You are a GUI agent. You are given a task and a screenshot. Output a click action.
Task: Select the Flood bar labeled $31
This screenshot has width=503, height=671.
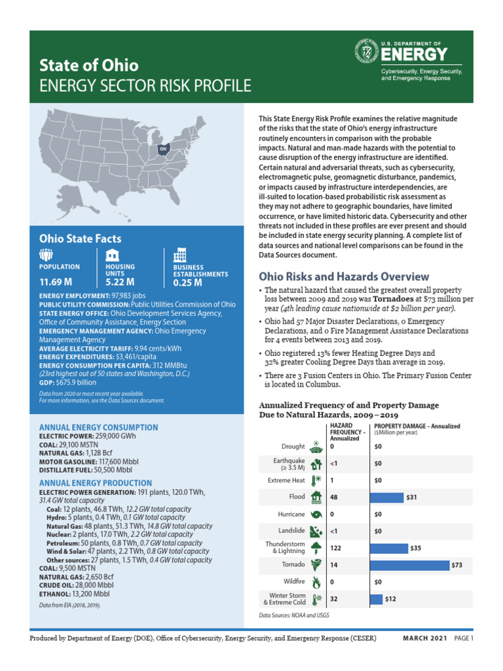tap(386, 497)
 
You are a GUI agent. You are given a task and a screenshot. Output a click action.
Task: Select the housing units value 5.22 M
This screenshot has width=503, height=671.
tap(120, 282)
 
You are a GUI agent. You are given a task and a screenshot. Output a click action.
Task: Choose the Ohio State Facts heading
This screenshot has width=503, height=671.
tap(80, 239)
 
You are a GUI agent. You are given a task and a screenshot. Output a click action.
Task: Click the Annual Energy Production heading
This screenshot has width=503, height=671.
tap(98, 482)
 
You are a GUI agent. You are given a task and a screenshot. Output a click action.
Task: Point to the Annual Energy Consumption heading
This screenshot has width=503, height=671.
tap(99, 427)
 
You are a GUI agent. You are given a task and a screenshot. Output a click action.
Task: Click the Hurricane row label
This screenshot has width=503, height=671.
tap(291, 514)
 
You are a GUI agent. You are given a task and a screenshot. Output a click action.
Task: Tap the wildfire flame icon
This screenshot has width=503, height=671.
tap(316, 581)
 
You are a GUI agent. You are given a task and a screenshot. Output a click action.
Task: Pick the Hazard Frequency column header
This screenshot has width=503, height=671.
tap(344, 432)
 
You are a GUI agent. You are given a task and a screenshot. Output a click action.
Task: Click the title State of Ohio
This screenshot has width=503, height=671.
tap(89, 66)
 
